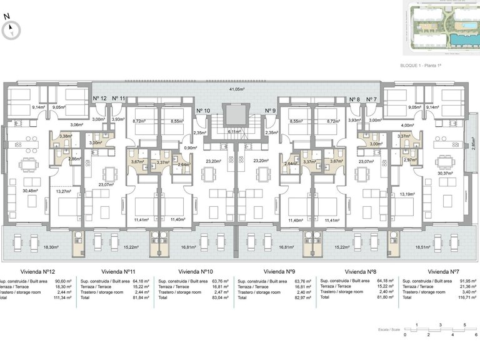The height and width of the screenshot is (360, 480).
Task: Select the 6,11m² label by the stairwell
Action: point(234,132)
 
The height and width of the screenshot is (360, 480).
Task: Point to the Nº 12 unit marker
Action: point(99,99)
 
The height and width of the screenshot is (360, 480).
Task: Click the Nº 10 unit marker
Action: point(203,111)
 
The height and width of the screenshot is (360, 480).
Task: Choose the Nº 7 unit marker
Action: point(372,99)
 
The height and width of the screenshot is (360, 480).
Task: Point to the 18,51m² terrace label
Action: point(441,247)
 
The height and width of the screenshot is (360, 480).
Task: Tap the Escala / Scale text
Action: point(389,329)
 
